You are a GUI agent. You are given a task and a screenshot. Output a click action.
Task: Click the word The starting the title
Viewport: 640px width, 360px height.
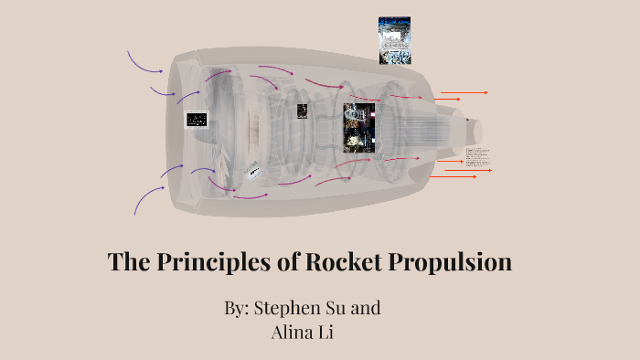click(127, 262)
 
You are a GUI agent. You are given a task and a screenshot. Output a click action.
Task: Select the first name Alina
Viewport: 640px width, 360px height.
click(293, 332)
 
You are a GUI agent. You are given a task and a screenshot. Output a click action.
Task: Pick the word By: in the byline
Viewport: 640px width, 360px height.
click(237, 308)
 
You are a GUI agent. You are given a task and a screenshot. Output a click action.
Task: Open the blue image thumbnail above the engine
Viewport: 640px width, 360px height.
click(395, 41)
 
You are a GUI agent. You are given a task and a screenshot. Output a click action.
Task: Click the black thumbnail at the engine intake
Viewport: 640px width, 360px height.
click(197, 119)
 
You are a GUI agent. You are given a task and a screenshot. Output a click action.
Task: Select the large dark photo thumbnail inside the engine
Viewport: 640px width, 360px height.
click(359, 127)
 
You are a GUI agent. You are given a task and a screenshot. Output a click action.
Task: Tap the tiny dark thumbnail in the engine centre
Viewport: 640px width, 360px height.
click(302, 111)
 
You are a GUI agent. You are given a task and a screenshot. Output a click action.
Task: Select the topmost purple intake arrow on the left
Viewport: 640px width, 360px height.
click(144, 62)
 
